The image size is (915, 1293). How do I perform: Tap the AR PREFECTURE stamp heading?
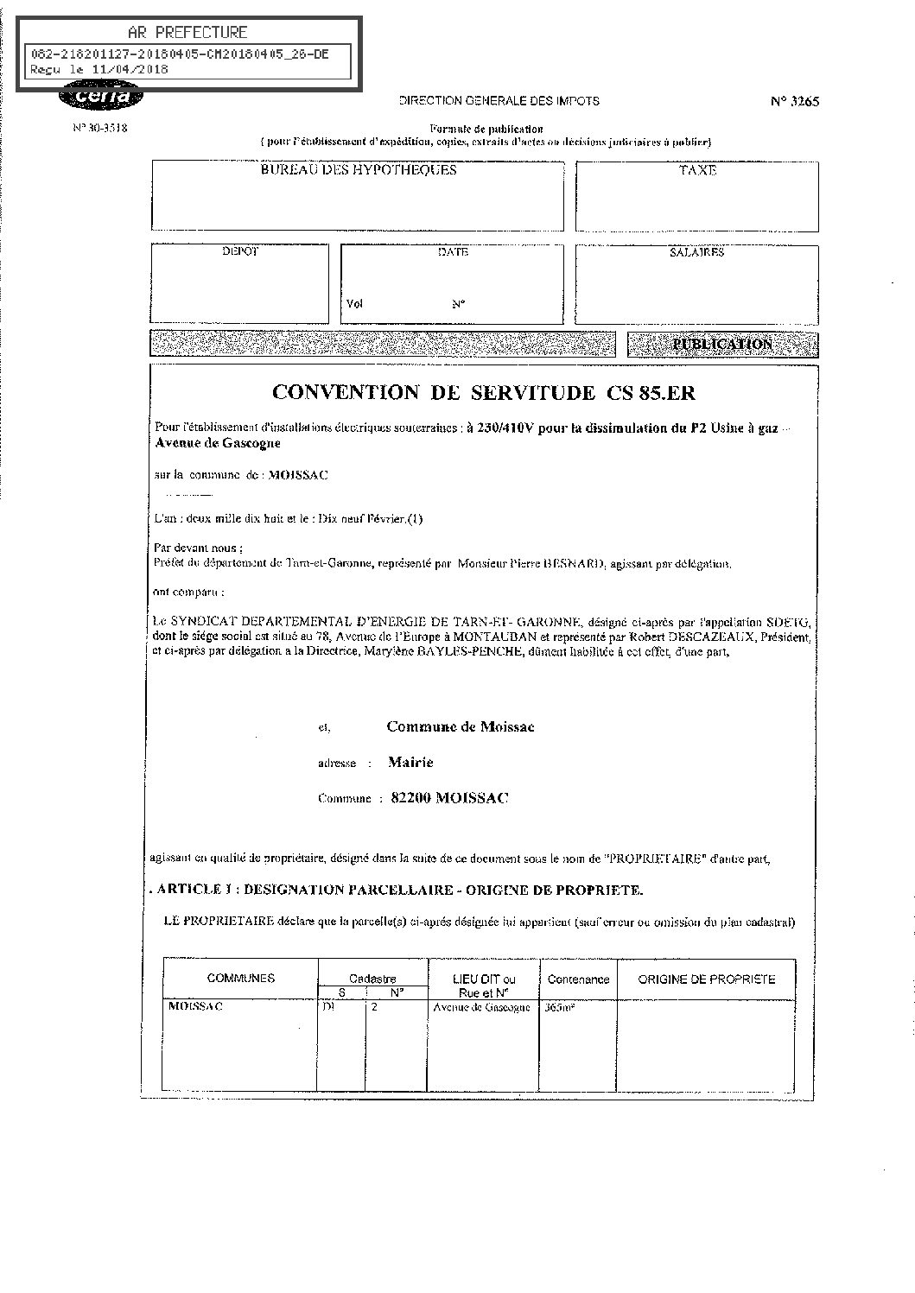click(x=187, y=33)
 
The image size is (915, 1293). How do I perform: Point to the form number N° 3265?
click(x=794, y=101)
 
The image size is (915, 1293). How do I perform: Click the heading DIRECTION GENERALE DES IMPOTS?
click(x=499, y=101)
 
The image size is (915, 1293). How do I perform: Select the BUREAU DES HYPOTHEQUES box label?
click(x=359, y=170)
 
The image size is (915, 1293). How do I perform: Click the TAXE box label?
click(x=697, y=171)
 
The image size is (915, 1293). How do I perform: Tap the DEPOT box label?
click(x=240, y=252)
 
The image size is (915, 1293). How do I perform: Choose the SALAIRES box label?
click(x=696, y=253)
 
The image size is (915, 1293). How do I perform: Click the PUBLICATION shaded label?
click(x=722, y=344)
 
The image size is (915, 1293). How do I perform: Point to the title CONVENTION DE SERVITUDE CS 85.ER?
click(x=483, y=392)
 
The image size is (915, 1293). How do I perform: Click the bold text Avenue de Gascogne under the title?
click(x=217, y=443)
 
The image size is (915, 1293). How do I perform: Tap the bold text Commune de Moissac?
click(x=461, y=726)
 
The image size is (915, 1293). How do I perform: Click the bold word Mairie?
click(x=410, y=762)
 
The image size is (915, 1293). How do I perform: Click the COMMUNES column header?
click(x=241, y=979)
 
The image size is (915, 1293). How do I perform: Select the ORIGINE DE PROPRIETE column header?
click(x=706, y=979)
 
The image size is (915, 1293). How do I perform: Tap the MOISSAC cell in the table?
click(x=196, y=1007)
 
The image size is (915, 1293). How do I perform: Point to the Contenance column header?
click(x=578, y=979)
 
